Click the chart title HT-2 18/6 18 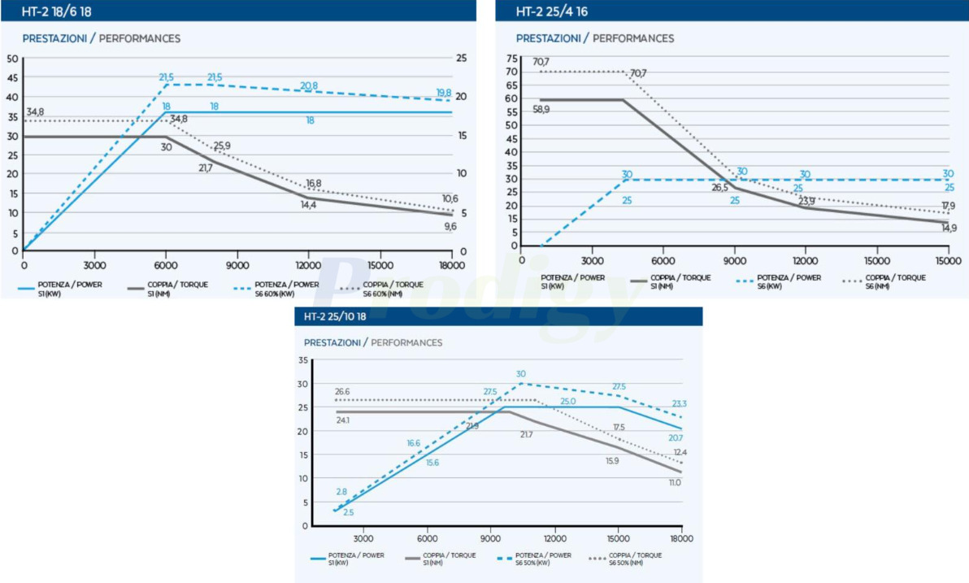point(55,11)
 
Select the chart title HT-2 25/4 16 point(551,11)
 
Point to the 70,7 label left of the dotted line point(541,62)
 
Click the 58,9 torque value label point(542,109)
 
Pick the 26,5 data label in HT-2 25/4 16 point(719,187)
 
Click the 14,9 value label point(949,228)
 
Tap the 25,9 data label point(222,146)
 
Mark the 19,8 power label point(444,93)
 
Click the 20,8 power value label point(309,85)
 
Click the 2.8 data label point(341,492)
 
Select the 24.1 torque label point(342,420)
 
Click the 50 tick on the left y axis point(12,59)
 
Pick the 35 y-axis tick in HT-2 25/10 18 point(303,360)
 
